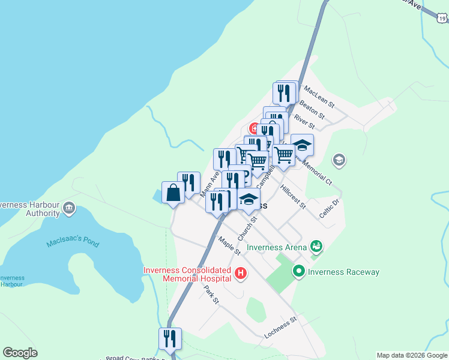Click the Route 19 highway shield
tap(442, 19)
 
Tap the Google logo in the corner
tap(20, 353)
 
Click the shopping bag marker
tap(172, 193)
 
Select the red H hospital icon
tap(241, 274)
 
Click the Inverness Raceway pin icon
tap(299, 272)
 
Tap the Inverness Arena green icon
tap(316, 246)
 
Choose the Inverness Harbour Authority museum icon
tap(69, 208)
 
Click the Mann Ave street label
tap(209, 180)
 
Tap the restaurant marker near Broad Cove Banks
tap(170, 338)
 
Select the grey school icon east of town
tap(339, 160)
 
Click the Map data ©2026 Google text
tap(411, 355)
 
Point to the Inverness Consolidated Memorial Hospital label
tap(187, 274)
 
